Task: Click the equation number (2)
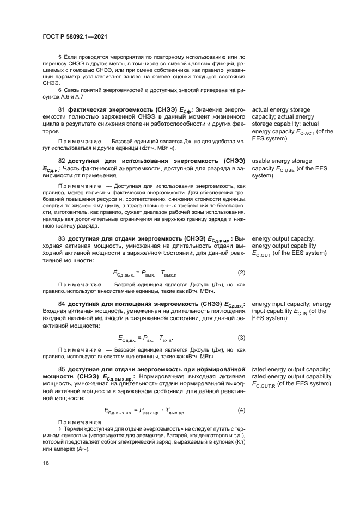(241, 272)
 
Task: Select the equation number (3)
(241, 338)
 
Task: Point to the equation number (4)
(241, 410)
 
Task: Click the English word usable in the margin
(261, 161)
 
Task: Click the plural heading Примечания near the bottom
(79, 422)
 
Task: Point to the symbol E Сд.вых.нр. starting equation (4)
(118, 410)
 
